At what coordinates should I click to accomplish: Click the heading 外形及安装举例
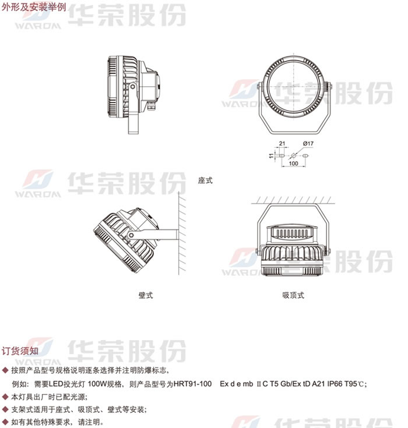pyautogui.click(x=34, y=7)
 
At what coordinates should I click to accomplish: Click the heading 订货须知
pyautogui.click(x=20, y=351)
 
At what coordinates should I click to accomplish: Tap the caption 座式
pyautogui.click(x=205, y=180)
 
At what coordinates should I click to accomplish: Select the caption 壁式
pyautogui.click(x=146, y=295)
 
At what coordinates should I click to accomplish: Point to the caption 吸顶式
pyautogui.click(x=293, y=295)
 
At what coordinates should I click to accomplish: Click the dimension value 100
pyautogui.click(x=293, y=163)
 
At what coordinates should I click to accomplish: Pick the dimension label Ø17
pyautogui.click(x=308, y=143)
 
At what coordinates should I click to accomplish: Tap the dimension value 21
pyautogui.click(x=282, y=143)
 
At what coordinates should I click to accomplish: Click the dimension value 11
pyautogui.click(x=271, y=155)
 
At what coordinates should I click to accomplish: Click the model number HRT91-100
pyautogui.click(x=193, y=384)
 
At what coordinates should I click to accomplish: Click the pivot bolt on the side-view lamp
pyautogui.click(x=132, y=87)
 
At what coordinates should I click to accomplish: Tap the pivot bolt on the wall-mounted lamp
pyautogui.click(x=132, y=235)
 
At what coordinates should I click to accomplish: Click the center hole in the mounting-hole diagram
pyautogui.click(x=294, y=155)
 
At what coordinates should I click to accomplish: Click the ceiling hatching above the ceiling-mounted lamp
pyautogui.click(x=293, y=200)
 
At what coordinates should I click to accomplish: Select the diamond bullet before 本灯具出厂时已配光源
pyautogui.click(x=5, y=397)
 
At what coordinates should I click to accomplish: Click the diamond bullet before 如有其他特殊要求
pyautogui.click(x=5, y=422)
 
